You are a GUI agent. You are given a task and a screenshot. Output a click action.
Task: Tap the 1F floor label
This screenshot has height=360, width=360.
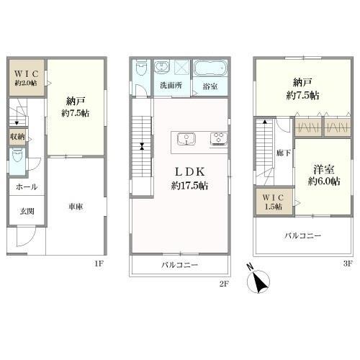(99, 264)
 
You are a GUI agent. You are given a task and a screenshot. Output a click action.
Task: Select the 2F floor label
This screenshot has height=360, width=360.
(224, 284)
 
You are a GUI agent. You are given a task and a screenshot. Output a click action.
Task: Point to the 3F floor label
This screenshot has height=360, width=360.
(348, 264)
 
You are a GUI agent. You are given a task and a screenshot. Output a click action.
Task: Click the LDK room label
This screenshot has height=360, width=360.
(189, 172)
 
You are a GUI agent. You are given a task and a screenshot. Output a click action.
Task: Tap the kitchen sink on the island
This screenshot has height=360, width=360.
(186, 139)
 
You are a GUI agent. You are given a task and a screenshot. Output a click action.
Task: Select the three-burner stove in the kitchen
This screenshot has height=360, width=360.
(218, 139)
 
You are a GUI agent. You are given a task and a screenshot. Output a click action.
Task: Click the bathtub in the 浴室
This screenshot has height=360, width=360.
(210, 68)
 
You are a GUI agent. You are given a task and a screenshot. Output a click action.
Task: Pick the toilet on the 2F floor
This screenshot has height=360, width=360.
(141, 68)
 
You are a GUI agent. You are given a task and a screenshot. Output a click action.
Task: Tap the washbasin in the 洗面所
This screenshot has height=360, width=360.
(163, 67)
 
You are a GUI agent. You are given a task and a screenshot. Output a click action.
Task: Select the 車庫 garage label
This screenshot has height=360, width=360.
(76, 207)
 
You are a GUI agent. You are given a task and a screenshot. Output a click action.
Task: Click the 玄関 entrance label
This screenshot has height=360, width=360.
(27, 212)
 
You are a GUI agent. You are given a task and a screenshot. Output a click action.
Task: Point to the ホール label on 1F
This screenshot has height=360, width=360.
(27, 187)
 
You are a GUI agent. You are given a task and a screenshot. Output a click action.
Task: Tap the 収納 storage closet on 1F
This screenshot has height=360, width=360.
(17, 137)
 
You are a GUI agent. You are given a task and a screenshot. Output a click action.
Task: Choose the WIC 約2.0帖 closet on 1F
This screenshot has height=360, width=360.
(27, 78)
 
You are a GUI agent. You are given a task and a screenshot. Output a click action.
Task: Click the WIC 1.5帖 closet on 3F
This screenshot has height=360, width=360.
(274, 202)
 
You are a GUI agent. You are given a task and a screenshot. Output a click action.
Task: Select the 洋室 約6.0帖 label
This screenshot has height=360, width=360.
(324, 176)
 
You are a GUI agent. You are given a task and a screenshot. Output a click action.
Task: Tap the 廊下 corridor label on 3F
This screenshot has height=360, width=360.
(284, 153)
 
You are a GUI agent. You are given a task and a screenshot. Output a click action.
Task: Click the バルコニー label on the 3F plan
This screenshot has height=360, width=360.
(303, 235)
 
